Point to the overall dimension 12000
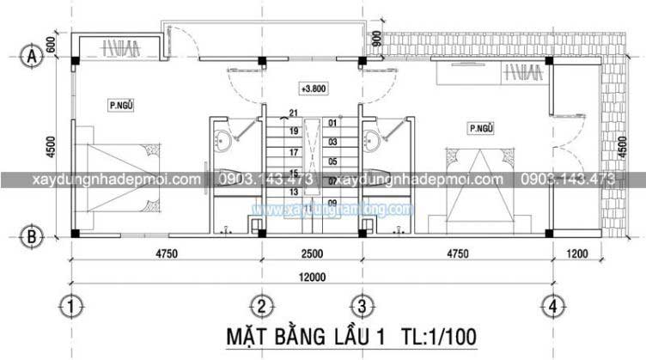(x=312, y=276)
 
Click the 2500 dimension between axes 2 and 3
(x=312, y=253)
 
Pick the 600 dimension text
(x=52, y=46)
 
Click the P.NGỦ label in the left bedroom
(x=120, y=106)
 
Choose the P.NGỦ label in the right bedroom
(x=480, y=128)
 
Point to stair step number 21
(x=293, y=113)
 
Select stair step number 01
(x=332, y=123)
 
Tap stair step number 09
(x=332, y=202)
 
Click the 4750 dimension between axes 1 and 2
(x=166, y=253)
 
